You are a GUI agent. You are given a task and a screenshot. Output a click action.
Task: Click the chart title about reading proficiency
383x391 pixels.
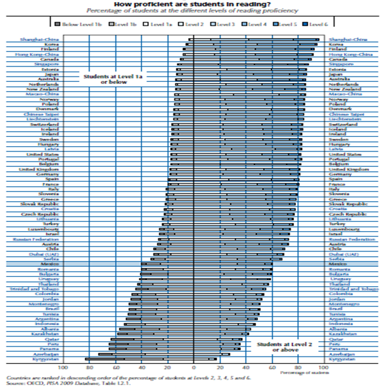[191, 4]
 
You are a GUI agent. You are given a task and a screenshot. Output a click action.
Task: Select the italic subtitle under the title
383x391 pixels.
[191, 10]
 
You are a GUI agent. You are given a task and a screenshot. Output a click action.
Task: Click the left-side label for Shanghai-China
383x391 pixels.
[40, 39]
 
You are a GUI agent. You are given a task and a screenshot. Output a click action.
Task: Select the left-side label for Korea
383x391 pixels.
[52, 44]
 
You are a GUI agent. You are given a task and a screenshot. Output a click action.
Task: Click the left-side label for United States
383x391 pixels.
[46, 154]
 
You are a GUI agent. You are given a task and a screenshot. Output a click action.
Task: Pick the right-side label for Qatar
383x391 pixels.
[336, 339]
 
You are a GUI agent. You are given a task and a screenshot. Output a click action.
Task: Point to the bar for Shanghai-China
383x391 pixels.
[254, 39]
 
